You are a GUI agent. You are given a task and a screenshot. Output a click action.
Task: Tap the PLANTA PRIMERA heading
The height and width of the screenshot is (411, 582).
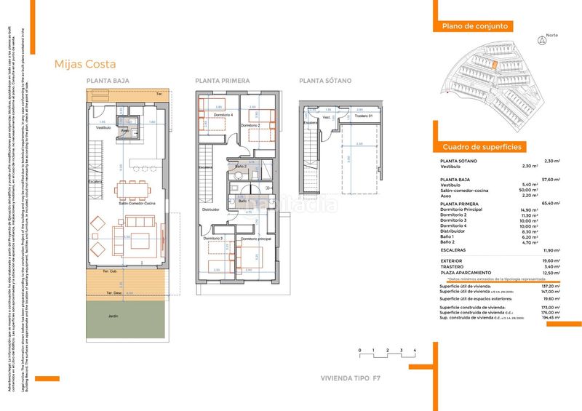pyautogui.click(x=222, y=81)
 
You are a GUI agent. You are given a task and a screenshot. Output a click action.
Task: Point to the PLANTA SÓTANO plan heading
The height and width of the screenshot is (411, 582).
pyautogui.click(x=325, y=81)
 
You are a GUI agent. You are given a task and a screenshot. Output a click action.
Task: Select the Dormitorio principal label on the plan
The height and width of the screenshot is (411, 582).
pyautogui.click(x=255, y=239)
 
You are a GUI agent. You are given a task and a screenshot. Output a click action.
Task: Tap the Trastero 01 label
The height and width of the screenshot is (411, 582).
pyautogui.click(x=364, y=116)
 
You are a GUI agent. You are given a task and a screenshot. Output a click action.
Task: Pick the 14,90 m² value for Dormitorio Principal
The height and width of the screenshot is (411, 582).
pyautogui.click(x=529, y=210)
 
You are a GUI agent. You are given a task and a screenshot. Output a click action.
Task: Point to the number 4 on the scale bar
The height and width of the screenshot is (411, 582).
pyautogui.click(x=414, y=351)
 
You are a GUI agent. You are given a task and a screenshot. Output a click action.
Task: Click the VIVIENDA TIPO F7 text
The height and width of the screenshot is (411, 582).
pyautogui.click(x=351, y=378)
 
